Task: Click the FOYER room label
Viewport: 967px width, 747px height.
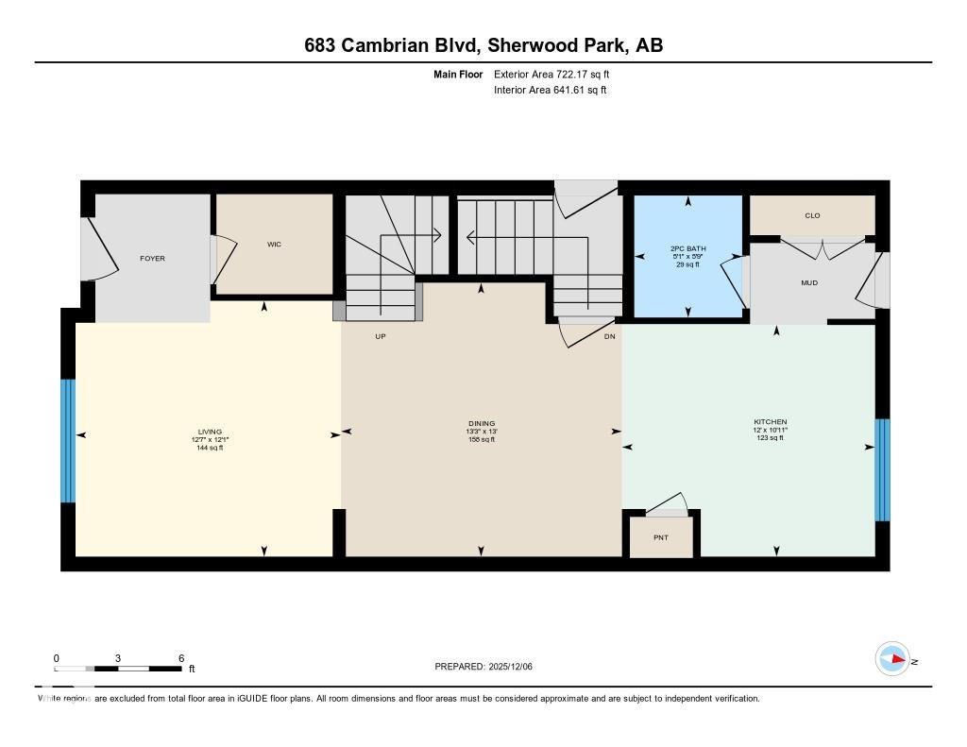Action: [x=152, y=258]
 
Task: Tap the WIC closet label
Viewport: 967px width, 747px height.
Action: [x=274, y=244]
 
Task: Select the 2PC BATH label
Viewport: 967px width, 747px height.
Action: [x=687, y=248]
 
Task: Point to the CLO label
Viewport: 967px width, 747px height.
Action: [x=812, y=215]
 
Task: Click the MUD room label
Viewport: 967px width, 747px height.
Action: [x=809, y=282]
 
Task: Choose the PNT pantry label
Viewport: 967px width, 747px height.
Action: [x=661, y=537]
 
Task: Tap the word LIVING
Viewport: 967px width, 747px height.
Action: [x=209, y=432]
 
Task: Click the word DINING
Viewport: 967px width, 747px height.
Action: [x=482, y=423]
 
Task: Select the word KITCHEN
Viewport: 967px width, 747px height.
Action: [x=770, y=421]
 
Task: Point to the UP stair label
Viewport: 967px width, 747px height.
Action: [x=381, y=336]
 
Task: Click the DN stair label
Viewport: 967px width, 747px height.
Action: [x=609, y=336]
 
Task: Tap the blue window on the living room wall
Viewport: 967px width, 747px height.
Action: [x=68, y=440]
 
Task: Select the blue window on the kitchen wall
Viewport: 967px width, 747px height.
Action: [x=882, y=469]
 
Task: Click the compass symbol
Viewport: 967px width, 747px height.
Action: [x=892, y=659]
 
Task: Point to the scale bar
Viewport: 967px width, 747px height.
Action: [x=118, y=669]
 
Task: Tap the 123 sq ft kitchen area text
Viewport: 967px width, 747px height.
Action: [x=770, y=437]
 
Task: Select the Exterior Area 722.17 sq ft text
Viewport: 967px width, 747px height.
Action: [x=558, y=74]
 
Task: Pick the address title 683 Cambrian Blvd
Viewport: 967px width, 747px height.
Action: [x=398, y=45]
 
